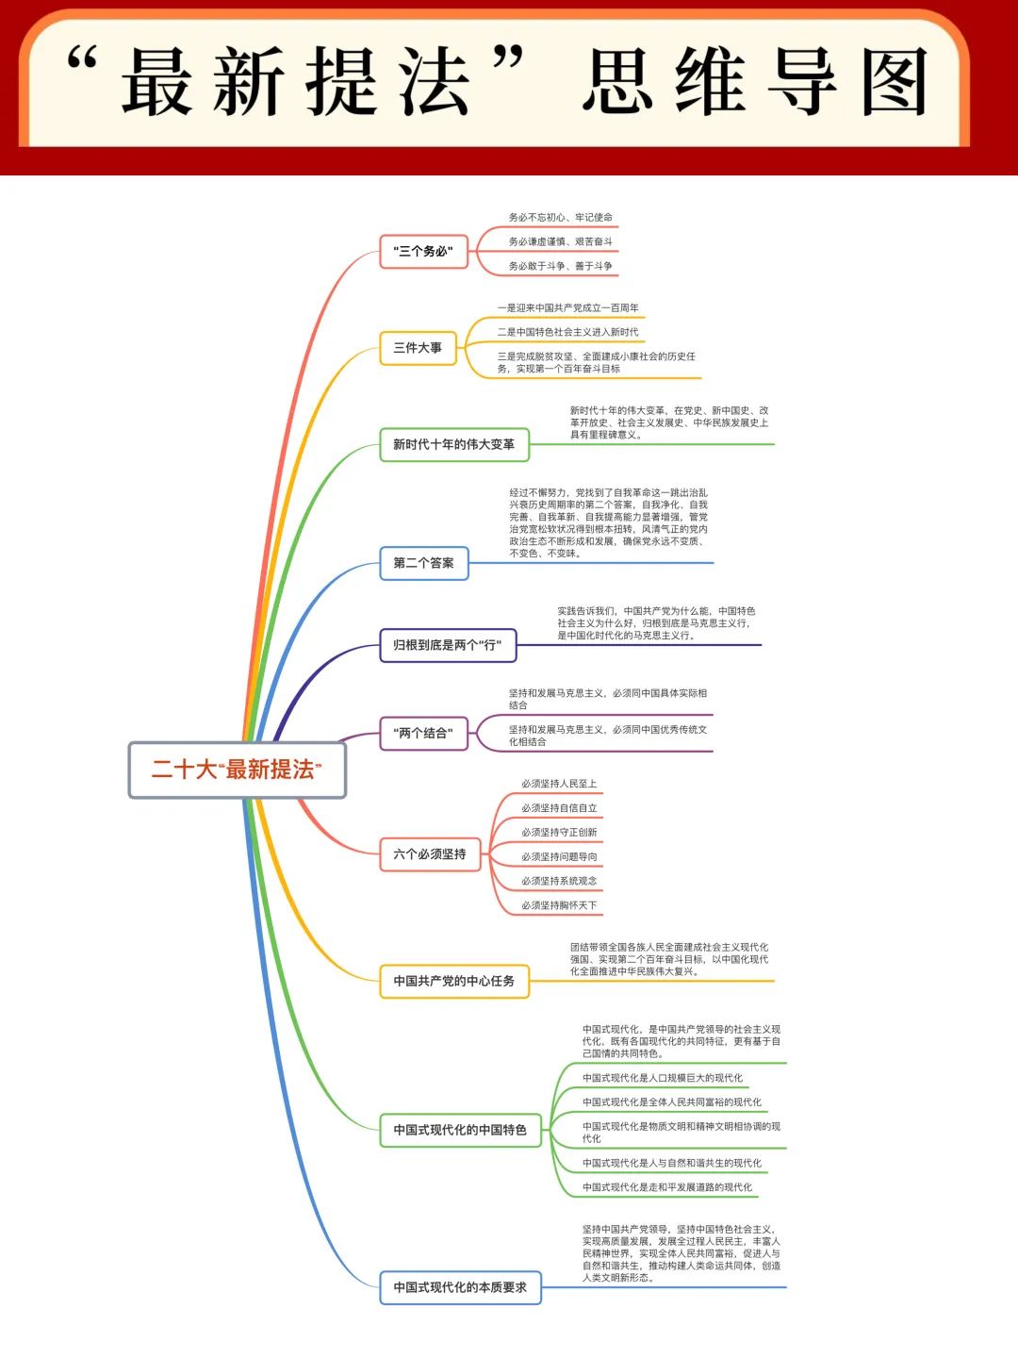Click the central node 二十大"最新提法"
click(237, 770)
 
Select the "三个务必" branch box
click(423, 251)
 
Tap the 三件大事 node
click(418, 348)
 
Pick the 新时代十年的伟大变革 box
click(454, 444)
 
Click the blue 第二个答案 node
click(424, 563)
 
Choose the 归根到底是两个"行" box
click(448, 645)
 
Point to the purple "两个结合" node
click(423, 733)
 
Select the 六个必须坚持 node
click(430, 854)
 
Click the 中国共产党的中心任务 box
click(454, 981)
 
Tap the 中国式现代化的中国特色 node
click(461, 1131)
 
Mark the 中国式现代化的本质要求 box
click(461, 1288)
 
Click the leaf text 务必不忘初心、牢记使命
click(561, 217)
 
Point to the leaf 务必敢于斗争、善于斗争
click(561, 266)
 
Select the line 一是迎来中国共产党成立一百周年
click(568, 307)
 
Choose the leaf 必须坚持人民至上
click(559, 784)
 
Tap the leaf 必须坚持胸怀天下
click(559, 905)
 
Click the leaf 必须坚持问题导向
click(559, 857)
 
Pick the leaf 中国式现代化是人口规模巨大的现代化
click(663, 1078)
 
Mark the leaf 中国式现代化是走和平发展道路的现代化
click(667, 1187)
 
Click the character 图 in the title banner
click(895, 82)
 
